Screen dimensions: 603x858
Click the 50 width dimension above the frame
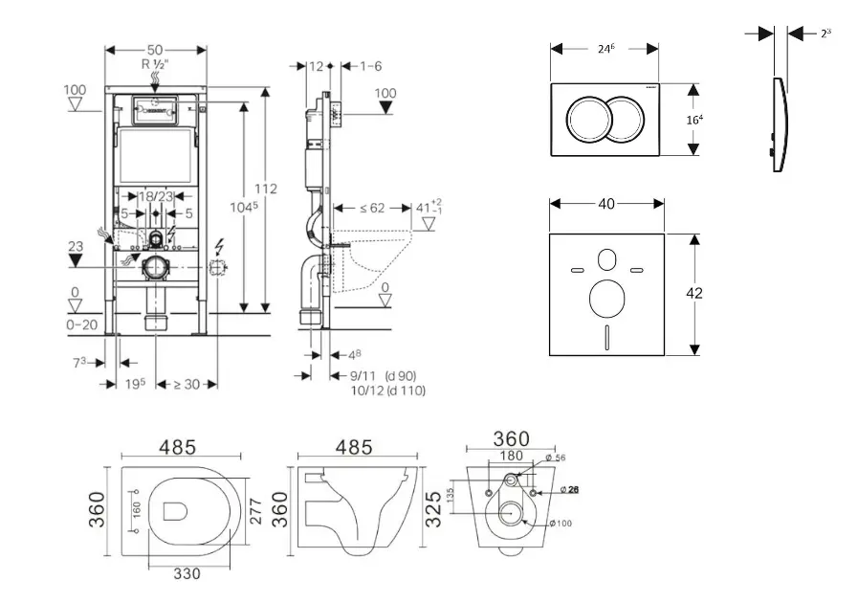pyautogui.click(x=155, y=49)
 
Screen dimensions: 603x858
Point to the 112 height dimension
pyautogui.click(x=266, y=189)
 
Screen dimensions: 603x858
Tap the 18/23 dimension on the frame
pyautogui.click(x=154, y=195)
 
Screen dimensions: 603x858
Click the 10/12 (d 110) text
pyautogui.click(x=388, y=391)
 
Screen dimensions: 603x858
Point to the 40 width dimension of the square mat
pyautogui.click(x=606, y=203)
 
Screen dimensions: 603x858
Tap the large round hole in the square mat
pyautogui.click(x=607, y=299)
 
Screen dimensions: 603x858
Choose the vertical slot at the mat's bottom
pyautogui.click(x=607, y=338)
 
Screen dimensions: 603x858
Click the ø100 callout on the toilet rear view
pyautogui.click(x=563, y=523)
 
